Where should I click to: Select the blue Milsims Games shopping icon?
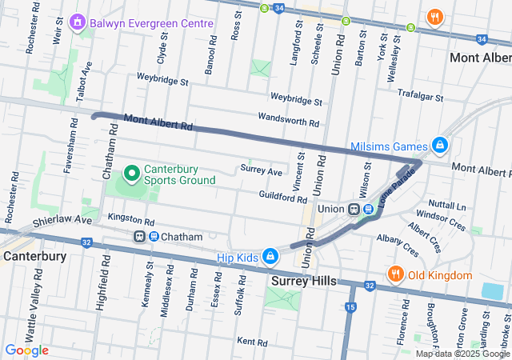point(438,146)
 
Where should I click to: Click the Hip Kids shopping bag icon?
point(270,256)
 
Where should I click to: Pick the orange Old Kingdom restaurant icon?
point(394,275)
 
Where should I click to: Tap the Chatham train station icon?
point(141,237)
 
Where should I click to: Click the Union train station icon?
point(354,209)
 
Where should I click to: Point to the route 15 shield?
point(350,306)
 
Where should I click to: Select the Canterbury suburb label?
point(34,256)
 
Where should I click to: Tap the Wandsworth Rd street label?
point(288,118)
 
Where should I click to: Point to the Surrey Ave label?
point(261,171)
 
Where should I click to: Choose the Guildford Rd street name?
point(282,195)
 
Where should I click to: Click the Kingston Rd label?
point(130,218)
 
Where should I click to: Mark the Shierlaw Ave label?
point(63,220)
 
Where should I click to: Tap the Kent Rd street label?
point(252,342)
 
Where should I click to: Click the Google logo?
point(26,350)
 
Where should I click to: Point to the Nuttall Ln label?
point(457,205)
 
